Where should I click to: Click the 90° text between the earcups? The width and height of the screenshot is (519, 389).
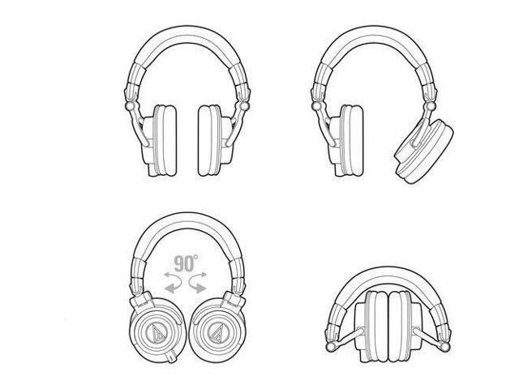coord(186,263)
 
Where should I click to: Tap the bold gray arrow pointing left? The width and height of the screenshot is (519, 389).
coord(173,286)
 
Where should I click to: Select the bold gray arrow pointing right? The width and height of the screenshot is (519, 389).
coord(198,286)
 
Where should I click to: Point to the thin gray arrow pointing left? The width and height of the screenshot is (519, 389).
coord(173,276)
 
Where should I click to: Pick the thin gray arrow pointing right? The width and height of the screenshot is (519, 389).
coord(198,276)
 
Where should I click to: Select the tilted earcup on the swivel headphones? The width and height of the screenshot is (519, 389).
coord(424,152)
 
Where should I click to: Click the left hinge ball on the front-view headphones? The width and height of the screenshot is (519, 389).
coord(130,106)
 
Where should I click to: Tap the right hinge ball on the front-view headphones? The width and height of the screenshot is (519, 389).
coord(244,106)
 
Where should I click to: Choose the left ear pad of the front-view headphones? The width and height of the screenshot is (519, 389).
coord(165,140)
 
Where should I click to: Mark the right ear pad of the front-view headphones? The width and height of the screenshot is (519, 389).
coord(209,140)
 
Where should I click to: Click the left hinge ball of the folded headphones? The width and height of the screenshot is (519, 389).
coord(330,347)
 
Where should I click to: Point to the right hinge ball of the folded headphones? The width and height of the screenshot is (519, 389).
coord(445,347)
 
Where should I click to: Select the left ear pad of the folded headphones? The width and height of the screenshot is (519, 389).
coord(376,326)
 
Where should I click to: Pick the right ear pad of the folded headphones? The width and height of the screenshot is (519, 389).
coord(400,326)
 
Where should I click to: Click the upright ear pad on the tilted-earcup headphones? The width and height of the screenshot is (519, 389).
coord(351,140)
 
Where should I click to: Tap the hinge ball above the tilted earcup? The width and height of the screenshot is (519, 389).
coord(431,106)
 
